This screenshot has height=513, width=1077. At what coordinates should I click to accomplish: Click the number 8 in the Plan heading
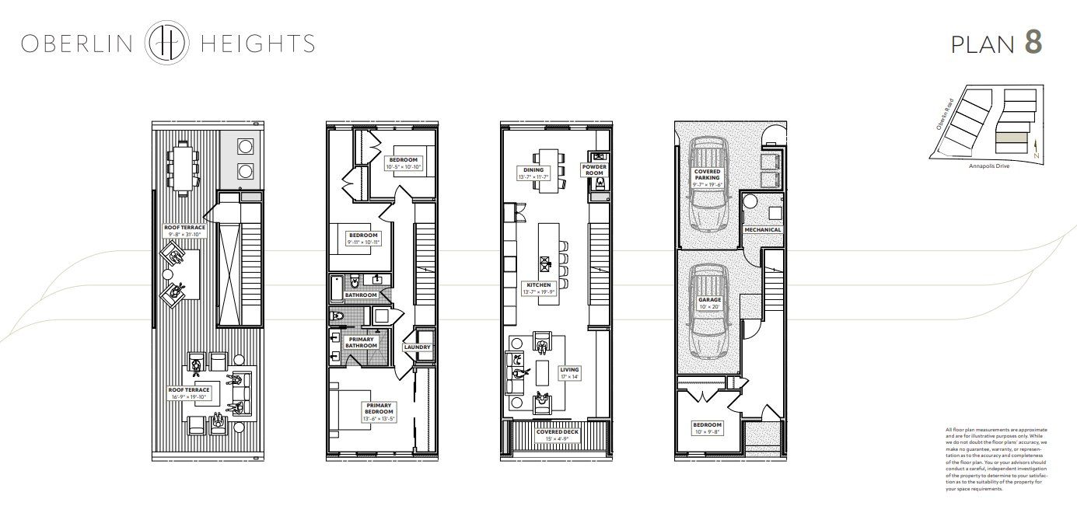tap(1033, 43)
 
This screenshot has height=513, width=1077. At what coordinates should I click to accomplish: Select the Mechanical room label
tap(762, 230)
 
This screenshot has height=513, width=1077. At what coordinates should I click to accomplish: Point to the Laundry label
tap(417, 347)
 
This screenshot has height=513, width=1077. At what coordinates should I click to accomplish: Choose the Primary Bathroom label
tap(361, 343)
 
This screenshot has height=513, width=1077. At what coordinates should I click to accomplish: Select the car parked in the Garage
tap(708, 311)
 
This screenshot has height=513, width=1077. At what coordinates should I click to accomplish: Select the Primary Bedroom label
tap(379, 410)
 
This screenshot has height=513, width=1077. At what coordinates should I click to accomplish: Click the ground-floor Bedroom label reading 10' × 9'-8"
tap(708, 428)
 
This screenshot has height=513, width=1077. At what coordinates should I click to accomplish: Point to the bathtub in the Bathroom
tap(335, 288)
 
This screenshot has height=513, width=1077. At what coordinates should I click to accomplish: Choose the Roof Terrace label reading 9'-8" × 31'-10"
tap(184, 231)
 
